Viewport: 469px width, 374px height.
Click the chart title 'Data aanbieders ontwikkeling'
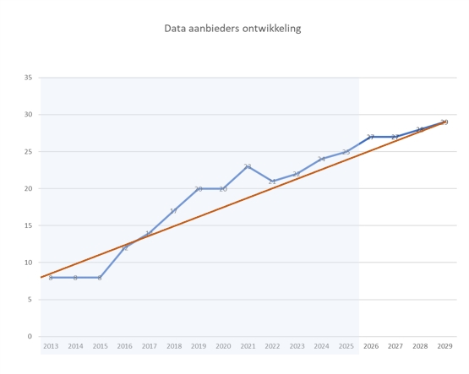[232, 29]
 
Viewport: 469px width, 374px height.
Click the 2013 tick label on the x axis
[51, 346]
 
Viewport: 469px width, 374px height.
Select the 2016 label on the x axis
[124, 346]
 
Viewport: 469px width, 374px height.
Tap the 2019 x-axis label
[199, 346]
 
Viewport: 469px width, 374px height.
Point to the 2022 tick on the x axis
[272, 346]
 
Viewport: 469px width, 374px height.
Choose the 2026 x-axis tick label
[371, 346]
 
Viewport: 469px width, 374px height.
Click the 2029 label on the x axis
[444, 346]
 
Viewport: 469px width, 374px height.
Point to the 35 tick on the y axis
[28, 78]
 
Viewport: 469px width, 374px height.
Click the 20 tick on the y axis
[28, 188]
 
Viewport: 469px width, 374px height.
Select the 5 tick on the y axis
[30, 300]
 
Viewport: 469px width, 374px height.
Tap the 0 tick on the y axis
[30, 337]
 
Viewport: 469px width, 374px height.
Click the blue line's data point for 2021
[248, 166]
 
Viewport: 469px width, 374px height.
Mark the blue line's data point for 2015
[100, 277]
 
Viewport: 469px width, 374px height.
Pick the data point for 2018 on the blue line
[173, 211]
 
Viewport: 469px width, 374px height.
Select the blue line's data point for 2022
[272, 182]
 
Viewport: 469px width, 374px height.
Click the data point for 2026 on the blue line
[371, 137]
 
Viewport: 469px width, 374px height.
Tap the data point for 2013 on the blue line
[51, 277]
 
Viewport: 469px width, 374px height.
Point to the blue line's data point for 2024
[321, 159]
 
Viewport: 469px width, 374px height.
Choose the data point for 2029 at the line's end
[444, 122]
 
